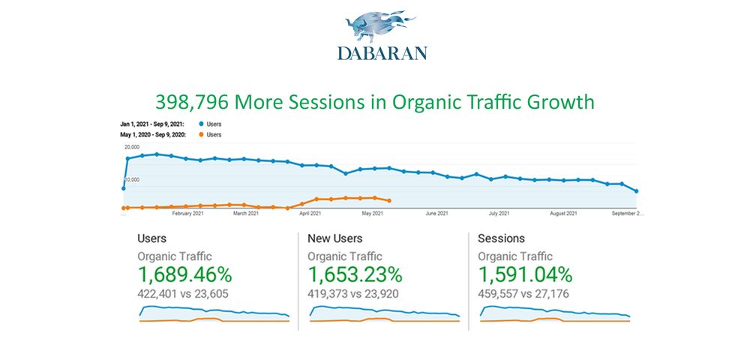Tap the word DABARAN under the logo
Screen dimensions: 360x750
pos(382,53)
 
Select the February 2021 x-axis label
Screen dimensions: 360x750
pos(188,214)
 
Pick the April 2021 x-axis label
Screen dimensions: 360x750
pos(310,214)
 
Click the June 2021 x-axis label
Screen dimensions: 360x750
pos(436,214)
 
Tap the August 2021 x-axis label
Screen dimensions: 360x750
pos(562,214)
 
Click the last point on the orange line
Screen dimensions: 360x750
pos(388,201)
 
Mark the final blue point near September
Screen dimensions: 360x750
pos(637,191)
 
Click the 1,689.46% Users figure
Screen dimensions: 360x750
pos(184,274)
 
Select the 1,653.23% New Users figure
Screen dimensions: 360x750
pos(355,274)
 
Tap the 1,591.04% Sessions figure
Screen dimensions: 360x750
pos(525,274)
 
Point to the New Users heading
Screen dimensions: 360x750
pos(335,238)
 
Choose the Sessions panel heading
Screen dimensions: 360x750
pos(502,238)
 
